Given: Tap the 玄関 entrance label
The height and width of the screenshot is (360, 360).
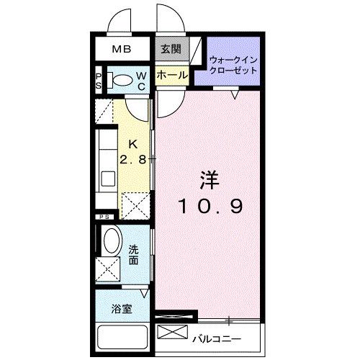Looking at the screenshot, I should point(170,50).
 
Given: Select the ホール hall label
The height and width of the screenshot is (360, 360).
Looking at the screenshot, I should point(171,75).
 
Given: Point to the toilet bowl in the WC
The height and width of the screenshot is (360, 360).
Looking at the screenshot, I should point(123,80).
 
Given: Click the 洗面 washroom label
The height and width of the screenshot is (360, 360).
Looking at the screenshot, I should point(135,254).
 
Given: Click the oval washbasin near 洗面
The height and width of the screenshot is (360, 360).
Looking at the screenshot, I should point(112,240).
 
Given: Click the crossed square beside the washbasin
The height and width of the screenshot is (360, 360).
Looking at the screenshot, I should point(112,271).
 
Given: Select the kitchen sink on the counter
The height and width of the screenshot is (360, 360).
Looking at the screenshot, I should point(107,178).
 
